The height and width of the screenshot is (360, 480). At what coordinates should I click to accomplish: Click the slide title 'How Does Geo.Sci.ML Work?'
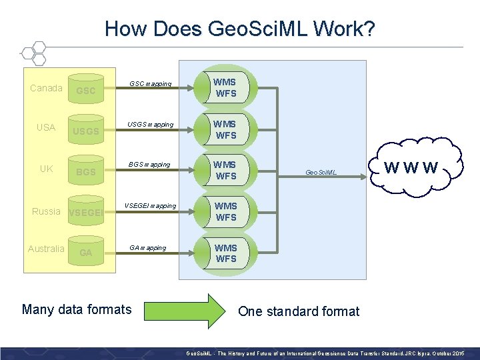(240, 29)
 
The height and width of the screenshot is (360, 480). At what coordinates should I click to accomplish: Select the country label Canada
(47, 88)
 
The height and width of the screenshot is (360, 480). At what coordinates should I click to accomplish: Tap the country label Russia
(47, 211)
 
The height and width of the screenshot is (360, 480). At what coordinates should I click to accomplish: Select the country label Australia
(47, 249)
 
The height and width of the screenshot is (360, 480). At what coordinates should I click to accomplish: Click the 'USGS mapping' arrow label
(151, 125)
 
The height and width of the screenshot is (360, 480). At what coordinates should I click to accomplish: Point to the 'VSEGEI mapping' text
(151, 206)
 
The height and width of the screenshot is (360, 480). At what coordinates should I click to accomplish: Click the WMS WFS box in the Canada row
(225, 88)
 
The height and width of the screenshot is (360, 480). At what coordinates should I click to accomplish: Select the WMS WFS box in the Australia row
(225, 253)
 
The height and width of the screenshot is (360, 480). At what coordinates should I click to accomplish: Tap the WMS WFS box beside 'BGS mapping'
(225, 171)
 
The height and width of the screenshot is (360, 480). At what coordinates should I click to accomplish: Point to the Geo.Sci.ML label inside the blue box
(321, 173)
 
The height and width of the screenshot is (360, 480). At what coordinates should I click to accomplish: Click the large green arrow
(187, 309)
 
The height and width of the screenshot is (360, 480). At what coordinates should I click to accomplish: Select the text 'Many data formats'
(77, 309)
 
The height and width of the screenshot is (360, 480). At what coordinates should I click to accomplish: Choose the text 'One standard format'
(299, 311)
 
